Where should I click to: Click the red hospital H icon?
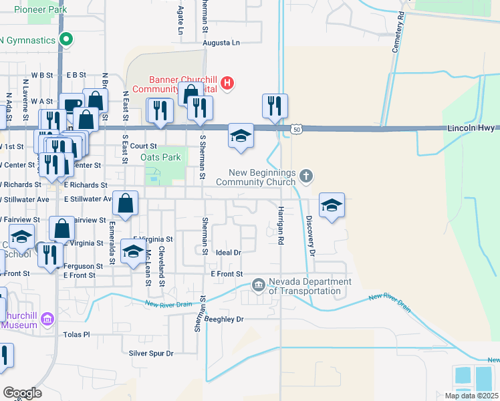click(x=227, y=84)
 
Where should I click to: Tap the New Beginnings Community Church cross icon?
click(x=306, y=176)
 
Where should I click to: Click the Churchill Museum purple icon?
click(x=47, y=320)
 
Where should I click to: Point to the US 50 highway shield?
click(x=297, y=128)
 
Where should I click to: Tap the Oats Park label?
click(x=161, y=158)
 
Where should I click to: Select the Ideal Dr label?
click(x=228, y=253)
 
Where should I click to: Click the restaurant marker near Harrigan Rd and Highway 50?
click(x=275, y=105)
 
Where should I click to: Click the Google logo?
click(x=22, y=393)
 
